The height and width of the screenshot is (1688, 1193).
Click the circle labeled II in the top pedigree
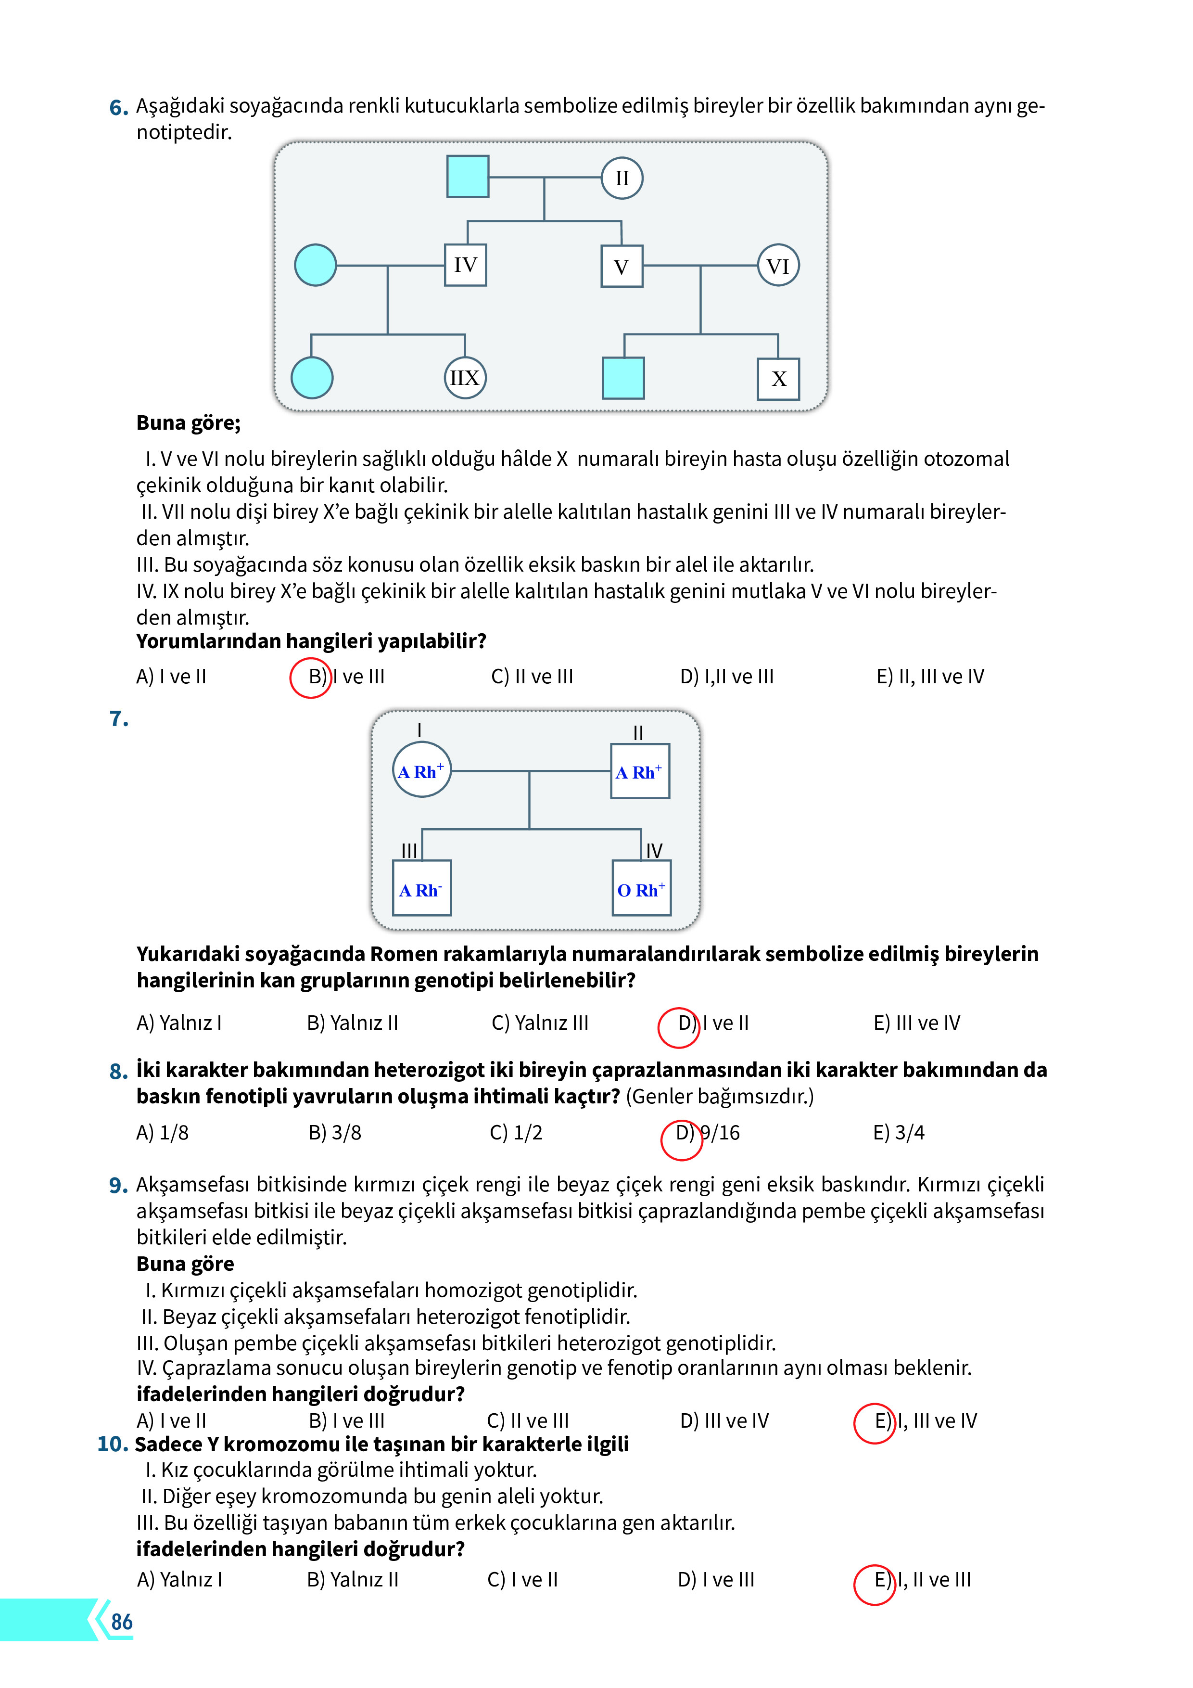click(x=622, y=179)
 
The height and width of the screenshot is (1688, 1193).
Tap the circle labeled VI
click(x=778, y=266)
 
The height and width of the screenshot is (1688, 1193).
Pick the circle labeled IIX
click(x=465, y=378)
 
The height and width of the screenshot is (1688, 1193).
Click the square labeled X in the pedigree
click(x=778, y=379)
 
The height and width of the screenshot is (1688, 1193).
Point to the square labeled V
click(x=621, y=266)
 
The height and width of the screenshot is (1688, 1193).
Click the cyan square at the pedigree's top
click(x=468, y=177)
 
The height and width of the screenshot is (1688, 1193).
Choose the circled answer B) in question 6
click(x=311, y=677)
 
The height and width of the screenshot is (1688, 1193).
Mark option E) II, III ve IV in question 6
click(x=930, y=677)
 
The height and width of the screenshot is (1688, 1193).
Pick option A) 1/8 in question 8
click(x=163, y=1133)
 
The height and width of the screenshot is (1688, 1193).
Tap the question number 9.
click(x=117, y=1185)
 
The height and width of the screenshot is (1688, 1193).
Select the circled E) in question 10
click(x=874, y=1580)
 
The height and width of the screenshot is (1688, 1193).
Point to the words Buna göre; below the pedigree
click(x=188, y=423)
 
